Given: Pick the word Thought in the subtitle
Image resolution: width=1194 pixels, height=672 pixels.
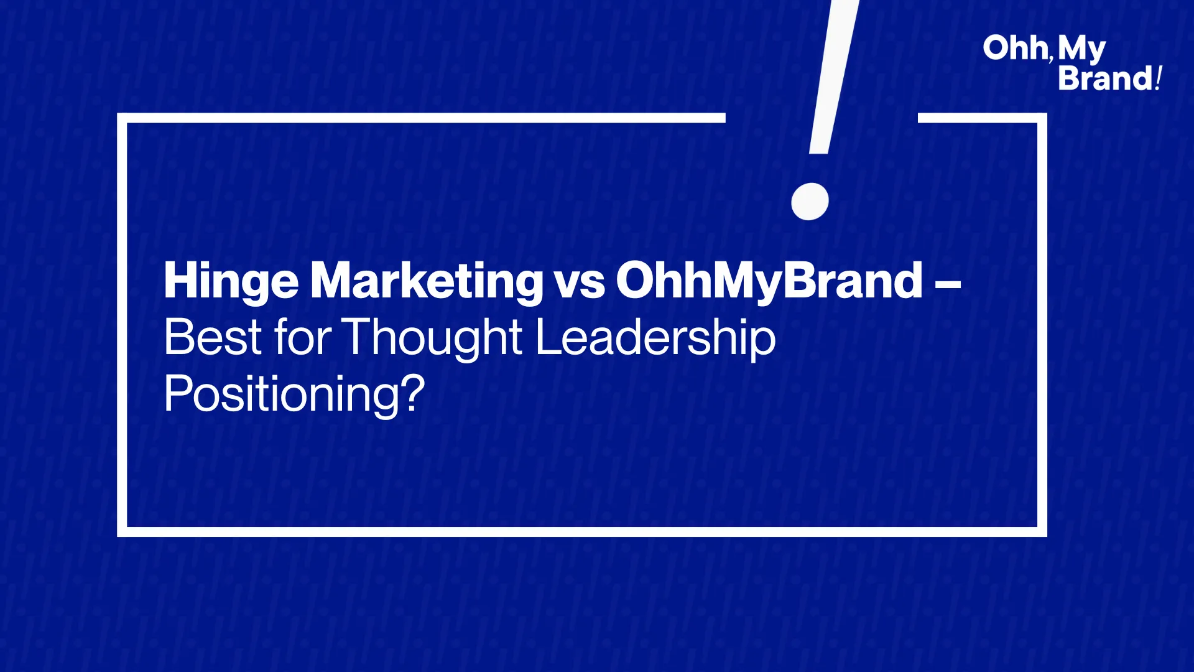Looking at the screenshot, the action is (432, 339).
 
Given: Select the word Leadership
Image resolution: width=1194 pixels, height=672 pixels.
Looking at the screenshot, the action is (655, 339).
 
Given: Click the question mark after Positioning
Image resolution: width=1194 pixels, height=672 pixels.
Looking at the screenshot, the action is (413, 393).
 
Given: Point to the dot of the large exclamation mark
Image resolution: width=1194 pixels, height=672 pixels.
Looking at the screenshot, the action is (810, 202).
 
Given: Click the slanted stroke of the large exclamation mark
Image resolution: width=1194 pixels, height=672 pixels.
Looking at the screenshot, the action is (834, 77).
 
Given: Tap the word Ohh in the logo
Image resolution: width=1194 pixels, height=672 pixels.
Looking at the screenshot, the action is (1016, 48).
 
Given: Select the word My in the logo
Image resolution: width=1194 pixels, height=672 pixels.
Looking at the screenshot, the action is (1081, 50).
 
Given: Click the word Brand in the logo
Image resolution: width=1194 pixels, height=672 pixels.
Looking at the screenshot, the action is (1106, 78).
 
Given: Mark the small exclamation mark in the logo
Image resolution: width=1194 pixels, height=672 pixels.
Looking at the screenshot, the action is (1159, 78).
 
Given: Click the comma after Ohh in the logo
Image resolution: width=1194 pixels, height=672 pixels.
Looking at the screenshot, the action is (1050, 59).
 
